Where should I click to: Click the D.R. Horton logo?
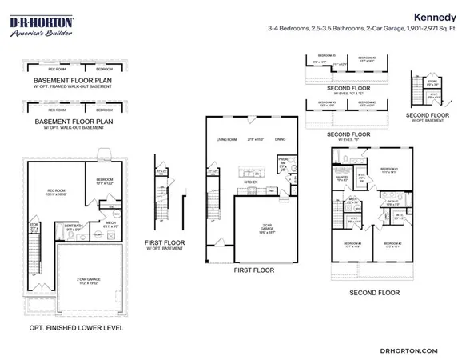pyautogui.click(x=42, y=23)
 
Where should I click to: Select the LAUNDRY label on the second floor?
pyautogui.click(x=341, y=179)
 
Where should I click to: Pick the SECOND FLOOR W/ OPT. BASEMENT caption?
pyautogui.click(x=428, y=118)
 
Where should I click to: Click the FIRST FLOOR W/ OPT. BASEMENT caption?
pyautogui.click(x=165, y=245)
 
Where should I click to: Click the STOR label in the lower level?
pyautogui.click(x=34, y=227)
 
